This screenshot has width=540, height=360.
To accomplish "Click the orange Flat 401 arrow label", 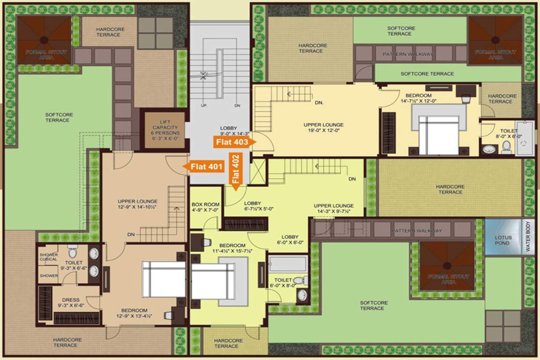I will pos(205,166).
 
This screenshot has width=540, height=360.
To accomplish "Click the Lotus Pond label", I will pos(503,240).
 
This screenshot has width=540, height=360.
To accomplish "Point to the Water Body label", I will pos(528,237).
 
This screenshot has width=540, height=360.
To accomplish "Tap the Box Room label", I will pos(205,207).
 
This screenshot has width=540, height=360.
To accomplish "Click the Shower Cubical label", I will pos(48,257).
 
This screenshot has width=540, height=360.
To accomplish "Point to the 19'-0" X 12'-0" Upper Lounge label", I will pos(323,128).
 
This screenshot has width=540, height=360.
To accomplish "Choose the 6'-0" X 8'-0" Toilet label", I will pos(283,282).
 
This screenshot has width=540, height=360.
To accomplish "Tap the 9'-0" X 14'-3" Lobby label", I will pos(229,131).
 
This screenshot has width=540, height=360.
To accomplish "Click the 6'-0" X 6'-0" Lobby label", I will pos(290,240).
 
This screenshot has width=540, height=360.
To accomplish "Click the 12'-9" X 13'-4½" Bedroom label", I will pos(135,313).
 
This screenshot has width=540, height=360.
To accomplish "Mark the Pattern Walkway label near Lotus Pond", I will pos(417,231).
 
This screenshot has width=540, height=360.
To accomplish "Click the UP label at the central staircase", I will pos(204,106).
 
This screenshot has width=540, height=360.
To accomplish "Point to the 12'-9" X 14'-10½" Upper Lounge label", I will pos(137,204).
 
